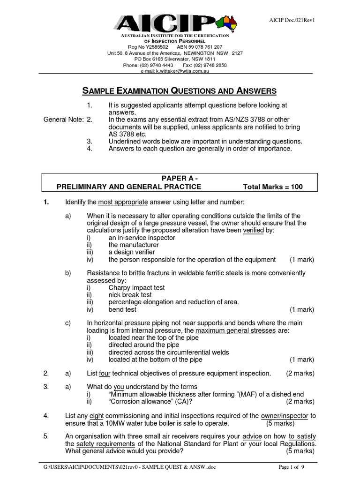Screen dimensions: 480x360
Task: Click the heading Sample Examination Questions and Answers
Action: coord(180,91)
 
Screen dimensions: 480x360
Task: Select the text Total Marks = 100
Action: coord(273,187)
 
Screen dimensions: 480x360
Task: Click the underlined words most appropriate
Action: coord(123,202)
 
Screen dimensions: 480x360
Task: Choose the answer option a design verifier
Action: coord(131,252)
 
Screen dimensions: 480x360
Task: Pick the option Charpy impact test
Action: coord(136,287)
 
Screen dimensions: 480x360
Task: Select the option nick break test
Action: coord(130,295)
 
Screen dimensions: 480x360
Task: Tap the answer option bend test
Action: coord(122,309)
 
